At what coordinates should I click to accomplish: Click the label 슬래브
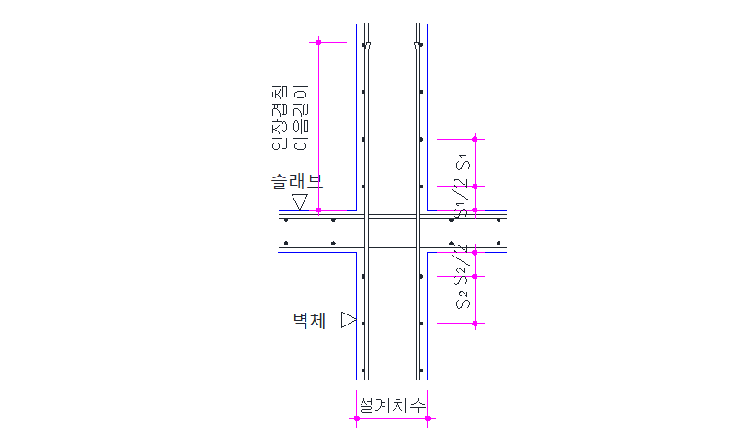297,181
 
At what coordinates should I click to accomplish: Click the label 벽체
309,320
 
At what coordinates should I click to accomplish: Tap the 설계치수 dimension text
392,405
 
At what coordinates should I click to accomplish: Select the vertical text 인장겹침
280,118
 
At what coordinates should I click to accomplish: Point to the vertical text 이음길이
301,118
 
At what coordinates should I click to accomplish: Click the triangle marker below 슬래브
300,201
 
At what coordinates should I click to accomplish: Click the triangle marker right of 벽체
349,320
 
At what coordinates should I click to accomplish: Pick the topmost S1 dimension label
463,163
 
